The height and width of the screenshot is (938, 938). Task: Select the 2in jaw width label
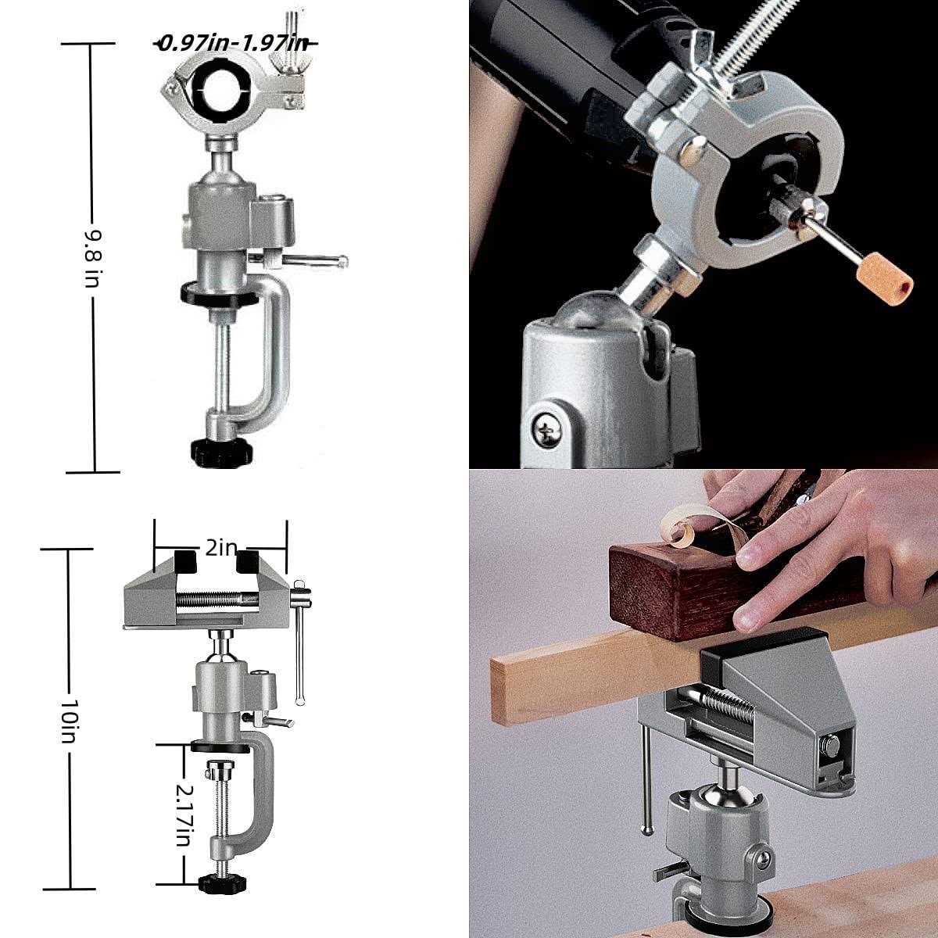(x=220, y=547)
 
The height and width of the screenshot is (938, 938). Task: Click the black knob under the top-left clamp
(x=218, y=451)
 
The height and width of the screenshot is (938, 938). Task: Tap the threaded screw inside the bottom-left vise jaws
(x=219, y=600)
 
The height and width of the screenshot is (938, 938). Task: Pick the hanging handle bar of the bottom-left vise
(x=299, y=649)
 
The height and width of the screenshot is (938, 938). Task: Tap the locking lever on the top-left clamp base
(x=313, y=260)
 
